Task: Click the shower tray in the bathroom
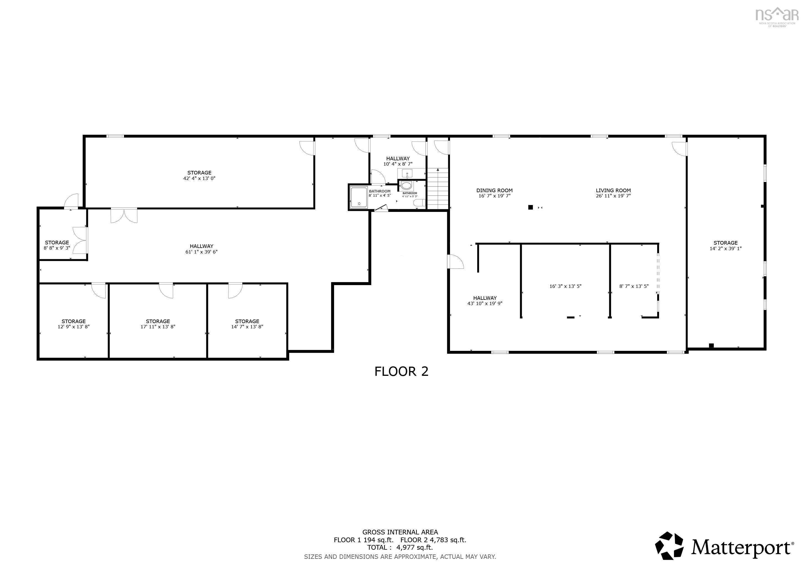tap(359, 198)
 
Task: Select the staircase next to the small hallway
tap(438, 189)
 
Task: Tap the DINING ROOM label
tap(494, 191)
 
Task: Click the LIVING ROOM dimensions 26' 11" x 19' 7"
tap(613, 196)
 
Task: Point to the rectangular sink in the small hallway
tap(407, 173)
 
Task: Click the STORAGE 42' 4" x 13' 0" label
tap(199, 175)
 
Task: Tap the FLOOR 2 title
tap(401, 371)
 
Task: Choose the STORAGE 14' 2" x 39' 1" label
tap(725, 245)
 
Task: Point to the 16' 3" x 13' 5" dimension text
tap(565, 286)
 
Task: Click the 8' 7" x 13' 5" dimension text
tap(634, 286)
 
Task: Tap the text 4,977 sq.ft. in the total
tap(415, 548)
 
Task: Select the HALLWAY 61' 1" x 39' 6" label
tap(202, 249)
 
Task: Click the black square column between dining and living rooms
tap(530, 207)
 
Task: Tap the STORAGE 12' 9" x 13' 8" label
tap(73, 324)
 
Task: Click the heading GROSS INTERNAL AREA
tap(400, 532)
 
